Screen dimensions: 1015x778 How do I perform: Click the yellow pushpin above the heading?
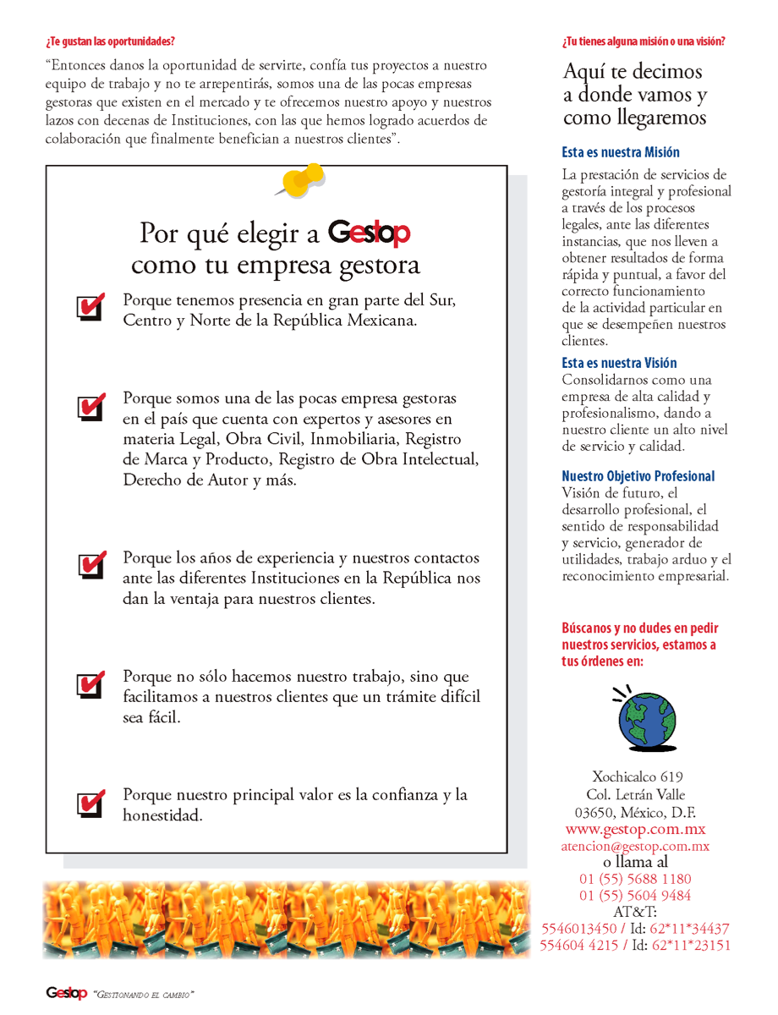[302, 179]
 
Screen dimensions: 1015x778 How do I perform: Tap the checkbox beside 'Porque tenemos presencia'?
[90, 307]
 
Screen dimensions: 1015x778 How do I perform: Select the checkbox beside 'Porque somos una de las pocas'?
[90, 406]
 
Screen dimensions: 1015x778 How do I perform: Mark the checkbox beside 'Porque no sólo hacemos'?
[90, 683]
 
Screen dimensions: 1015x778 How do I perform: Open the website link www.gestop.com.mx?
[635, 829]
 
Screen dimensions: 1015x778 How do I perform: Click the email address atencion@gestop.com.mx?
[635, 846]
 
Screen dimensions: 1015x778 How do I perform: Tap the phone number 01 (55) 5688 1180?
[635, 879]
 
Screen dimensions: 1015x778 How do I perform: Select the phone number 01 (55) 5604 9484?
[635, 895]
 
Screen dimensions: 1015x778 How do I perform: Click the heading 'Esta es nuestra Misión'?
[621, 153]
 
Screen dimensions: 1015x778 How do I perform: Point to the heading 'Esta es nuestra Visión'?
[619, 363]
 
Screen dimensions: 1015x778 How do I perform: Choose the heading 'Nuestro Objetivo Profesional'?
[638, 476]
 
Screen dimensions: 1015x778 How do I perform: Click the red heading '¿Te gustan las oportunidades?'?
[111, 41]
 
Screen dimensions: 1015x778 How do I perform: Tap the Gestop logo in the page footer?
[66, 993]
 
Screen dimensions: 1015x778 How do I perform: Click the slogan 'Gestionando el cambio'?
[143, 994]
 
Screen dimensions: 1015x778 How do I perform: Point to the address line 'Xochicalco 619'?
[638, 776]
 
